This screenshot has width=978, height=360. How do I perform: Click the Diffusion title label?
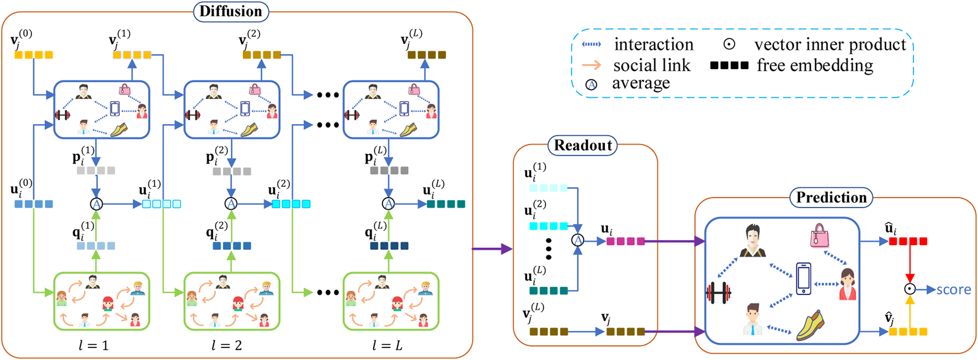click(x=231, y=11)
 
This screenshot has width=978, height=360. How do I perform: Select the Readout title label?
click(x=583, y=145)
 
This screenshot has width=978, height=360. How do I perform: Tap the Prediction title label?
click(x=831, y=197)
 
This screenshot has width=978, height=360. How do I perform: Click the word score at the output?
click(x=954, y=289)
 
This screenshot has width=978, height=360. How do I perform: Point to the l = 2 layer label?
click(x=227, y=346)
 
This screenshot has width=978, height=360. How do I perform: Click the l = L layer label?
click(x=387, y=346)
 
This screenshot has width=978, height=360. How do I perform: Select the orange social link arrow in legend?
click(x=591, y=65)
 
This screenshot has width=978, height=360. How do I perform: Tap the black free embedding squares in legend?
click(x=729, y=65)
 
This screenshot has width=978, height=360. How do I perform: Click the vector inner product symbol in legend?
click(x=729, y=44)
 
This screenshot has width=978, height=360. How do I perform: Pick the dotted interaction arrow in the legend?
click(x=591, y=44)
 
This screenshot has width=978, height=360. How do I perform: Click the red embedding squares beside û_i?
click(x=908, y=241)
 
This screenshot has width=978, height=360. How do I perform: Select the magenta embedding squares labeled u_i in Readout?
click(x=625, y=241)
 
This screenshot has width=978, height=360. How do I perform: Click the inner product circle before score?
click(x=910, y=289)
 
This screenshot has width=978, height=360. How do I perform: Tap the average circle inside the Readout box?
click(x=577, y=241)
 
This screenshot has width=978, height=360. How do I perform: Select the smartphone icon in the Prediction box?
click(x=804, y=278)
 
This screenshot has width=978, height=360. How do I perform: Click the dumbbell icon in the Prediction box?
click(x=718, y=293)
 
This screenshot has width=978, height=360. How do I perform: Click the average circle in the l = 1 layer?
click(x=96, y=204)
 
